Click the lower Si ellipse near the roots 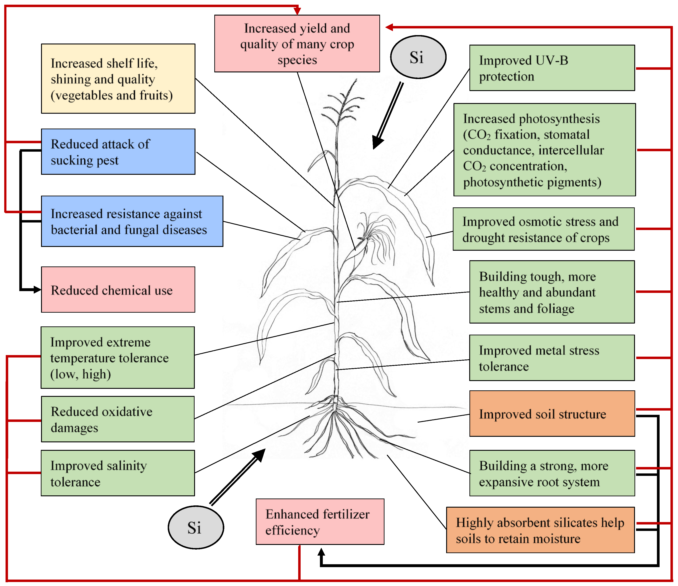[x=196, y=527]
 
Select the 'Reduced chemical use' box [x=118, y=290]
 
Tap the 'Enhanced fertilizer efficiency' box [x=320, y=522]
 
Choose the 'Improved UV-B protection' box [x=552, y=68]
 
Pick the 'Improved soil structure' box [x=552, y=413]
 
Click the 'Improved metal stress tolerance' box [x=552, y=358]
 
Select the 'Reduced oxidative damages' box [x=118, y=419]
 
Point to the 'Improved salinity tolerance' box [x=118, y=473]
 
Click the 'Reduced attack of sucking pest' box [x=118, y=152]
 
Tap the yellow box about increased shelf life [x=118, y=79]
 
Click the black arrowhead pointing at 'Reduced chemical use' [x=37, y=290]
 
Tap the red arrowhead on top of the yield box [x=297, y=11]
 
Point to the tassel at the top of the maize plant [x=342, y=105]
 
